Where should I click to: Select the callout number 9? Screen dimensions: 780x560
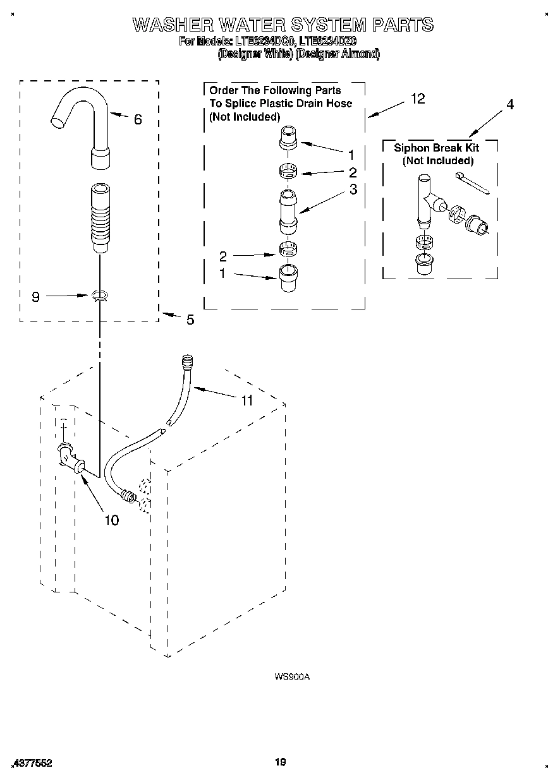click(35, 296)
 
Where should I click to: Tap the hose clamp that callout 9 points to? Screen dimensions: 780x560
click(99, 296)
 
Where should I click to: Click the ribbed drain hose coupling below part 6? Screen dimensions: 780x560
click(100, 217)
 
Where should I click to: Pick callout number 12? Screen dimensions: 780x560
click(417, 99)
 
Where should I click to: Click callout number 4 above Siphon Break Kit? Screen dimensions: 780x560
click(509, 105)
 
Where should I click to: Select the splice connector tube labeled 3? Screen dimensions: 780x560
click(286, 210)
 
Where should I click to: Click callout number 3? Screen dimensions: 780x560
click(353, 189)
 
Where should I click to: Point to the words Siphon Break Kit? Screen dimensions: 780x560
click(436, 148)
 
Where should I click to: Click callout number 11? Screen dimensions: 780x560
click(247, 400)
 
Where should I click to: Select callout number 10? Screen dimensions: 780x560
click(111, 520)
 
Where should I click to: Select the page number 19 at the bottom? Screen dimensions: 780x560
click(280, 762)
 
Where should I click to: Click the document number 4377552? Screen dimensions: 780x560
click(33, 763)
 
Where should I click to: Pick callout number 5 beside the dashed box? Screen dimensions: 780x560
click(190, 320)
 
